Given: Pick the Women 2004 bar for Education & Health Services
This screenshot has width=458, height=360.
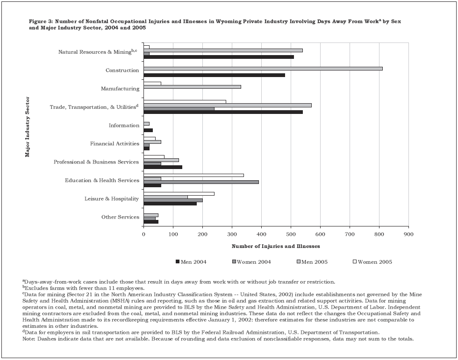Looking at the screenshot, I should [201, 182].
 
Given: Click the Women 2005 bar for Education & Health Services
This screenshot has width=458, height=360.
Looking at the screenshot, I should [193, 175].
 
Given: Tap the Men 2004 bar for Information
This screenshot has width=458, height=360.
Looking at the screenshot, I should [148, 130].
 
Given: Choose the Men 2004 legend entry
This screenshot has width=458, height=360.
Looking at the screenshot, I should [191, 262].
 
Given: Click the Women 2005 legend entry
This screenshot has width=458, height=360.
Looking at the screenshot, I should [372, 262].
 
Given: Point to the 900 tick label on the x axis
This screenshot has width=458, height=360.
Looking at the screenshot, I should [408, 233].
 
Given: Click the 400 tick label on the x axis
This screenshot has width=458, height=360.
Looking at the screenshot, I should [261, 233].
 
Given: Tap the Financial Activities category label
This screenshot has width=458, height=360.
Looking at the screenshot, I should [114, 144].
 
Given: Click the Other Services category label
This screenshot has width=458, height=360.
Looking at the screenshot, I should [120, 217].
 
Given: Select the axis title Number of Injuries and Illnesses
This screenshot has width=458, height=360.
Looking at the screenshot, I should [276, 246].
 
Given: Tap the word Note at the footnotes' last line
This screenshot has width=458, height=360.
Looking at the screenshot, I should [29, 339].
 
